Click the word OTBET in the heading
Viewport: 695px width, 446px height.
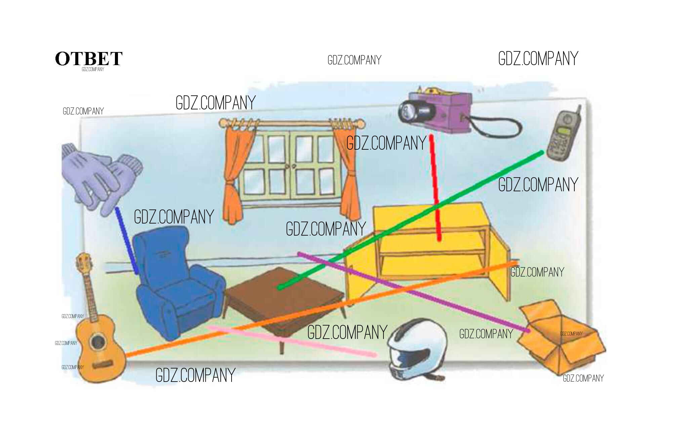(89, 59)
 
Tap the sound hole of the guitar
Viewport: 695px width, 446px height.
(98, 342)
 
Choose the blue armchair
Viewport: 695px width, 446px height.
(175, 282)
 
